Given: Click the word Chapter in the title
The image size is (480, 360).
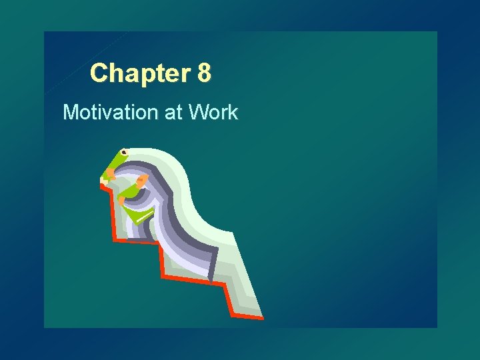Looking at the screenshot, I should [x=141, y=73].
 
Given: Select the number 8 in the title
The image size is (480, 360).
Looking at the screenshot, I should [x=205, y=73].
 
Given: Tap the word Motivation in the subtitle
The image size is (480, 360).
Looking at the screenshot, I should [x=109, y=112].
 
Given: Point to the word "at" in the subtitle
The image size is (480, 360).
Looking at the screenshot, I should [x=172, y=112].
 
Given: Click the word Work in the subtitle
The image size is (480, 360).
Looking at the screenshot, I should [x=213, y=112].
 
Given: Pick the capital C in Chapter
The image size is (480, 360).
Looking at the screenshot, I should [x=99, y=73].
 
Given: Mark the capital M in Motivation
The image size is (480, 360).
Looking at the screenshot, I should [x=70, y=112].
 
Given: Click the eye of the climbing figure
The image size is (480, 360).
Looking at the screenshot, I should [x=124, y=153].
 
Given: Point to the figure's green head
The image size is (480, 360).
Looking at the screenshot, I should [x=119, y=160].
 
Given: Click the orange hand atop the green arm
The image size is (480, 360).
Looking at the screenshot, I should [x=142, y=181].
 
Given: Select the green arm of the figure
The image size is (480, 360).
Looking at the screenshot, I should [x=129, y=193].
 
